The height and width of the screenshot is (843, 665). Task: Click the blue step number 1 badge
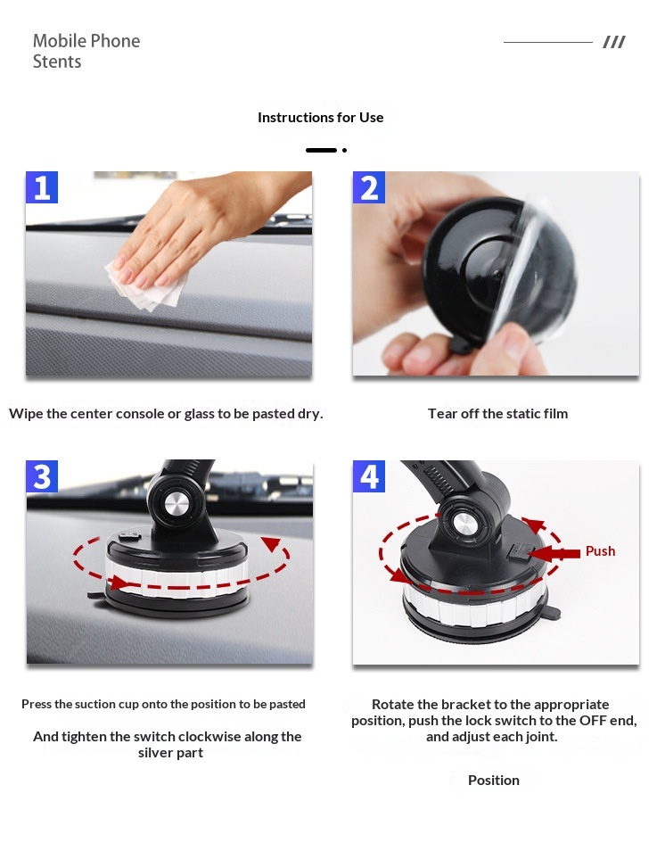41,187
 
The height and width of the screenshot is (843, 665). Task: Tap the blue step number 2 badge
368,187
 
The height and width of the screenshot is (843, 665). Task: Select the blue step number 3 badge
42,475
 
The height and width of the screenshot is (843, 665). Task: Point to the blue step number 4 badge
368,475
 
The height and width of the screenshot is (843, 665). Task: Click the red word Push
600,551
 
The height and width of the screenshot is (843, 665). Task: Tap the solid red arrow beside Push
553,553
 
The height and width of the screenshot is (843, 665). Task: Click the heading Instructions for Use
321,117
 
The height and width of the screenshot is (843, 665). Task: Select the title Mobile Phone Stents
86,51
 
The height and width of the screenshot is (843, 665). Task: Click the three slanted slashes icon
614,42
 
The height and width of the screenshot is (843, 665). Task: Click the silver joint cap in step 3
177,506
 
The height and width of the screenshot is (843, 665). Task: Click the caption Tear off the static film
497,413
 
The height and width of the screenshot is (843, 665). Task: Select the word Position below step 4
494,780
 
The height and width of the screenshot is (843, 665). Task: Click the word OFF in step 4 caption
593,721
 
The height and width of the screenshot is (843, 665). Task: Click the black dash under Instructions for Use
321,150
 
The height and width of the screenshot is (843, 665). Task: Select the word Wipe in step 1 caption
27,413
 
